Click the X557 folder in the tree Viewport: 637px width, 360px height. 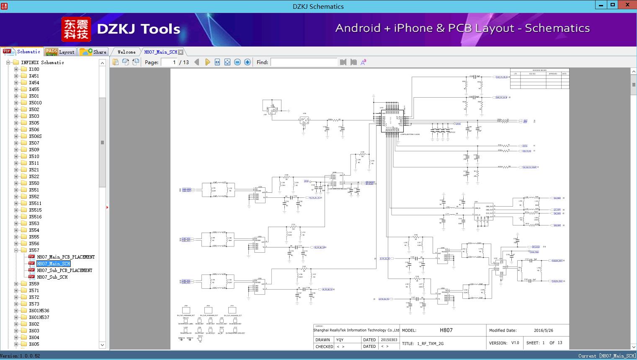click(x=34, y=250)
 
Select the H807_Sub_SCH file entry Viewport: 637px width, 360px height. click(x=52, y=277)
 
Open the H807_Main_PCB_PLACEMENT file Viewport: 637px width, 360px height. click(x=66, y=257)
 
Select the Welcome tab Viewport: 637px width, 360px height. click(x=126, y=52)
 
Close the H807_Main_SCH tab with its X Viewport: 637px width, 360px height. click(x=181, y=52)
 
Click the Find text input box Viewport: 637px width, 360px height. click(x=304, y=62)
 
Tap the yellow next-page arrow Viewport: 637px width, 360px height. click(x=207, y=62)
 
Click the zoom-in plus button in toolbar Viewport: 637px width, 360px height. click(x=248, y=62)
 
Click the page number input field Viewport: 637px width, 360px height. click(x=169, y=62)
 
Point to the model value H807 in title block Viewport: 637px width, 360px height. click(x=446, y=330)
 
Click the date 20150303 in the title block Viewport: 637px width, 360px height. click(x=389, y=340)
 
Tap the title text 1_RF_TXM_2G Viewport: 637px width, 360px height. click(x=430, y=344)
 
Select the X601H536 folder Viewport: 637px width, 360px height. click(x=39, y=311)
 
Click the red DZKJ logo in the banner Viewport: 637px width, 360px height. click(x=76, y=29)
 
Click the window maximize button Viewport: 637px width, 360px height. click(x=613, y=5)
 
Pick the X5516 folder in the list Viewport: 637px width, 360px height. click(x=35, y=217)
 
